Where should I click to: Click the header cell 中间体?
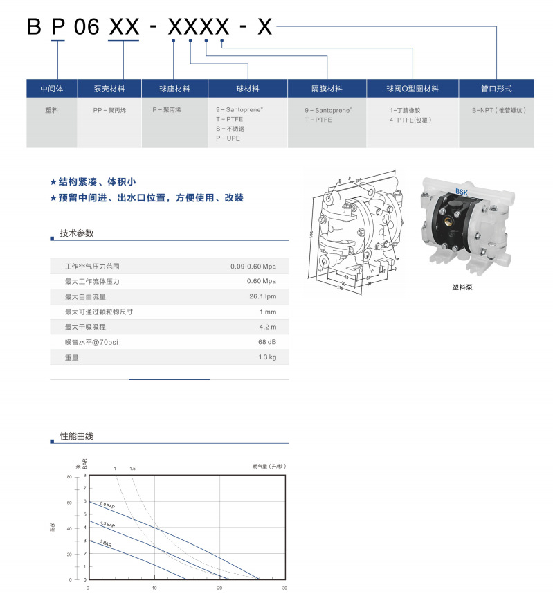coord(53,89)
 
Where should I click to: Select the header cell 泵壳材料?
coord(110,89)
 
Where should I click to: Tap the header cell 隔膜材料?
coord(327,89)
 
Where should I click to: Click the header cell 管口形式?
coord(496,89)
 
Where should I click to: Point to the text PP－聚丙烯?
coord(110,110)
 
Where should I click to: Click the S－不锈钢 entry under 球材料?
coord(230,129)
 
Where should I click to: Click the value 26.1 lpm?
coord(262,296)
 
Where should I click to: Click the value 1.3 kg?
coord(267,357)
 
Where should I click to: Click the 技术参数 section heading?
coord(76,233)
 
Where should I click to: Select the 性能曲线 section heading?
coord(76,436)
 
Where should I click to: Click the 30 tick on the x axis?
coord(284,588)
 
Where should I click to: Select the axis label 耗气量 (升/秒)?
coord(269,467)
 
